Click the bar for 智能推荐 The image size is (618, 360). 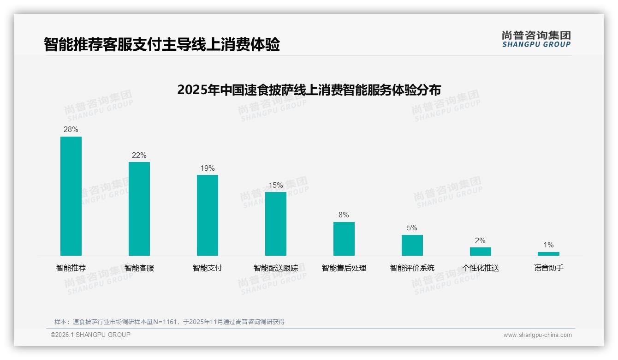coord(71,196)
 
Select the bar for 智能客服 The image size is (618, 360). coord(139,209)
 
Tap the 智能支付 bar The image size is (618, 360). coord(208,215)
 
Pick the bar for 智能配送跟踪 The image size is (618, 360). coord(276,224)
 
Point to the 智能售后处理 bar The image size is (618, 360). coord(344,239)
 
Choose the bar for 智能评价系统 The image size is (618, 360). coord(412,245)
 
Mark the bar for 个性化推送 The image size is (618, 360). coord(481,252)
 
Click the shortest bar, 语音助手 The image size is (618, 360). coord(548,254)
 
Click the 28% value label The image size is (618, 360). coord(71,130)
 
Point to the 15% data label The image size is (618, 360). coord(276,185)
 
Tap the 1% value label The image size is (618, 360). coord(548,245)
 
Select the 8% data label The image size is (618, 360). coord(344,215)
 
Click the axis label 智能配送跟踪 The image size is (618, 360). coord(276,268)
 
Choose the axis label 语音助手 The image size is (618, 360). coord(549,268)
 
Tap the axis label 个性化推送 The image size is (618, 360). coord(481,268)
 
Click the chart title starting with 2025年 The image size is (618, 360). coord(309,90)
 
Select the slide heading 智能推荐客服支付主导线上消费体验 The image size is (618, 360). coord(162,45)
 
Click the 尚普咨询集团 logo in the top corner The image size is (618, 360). coord(536,39)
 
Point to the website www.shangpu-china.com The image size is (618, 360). coord(537,335)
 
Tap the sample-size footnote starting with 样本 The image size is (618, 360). coord(170,322)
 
